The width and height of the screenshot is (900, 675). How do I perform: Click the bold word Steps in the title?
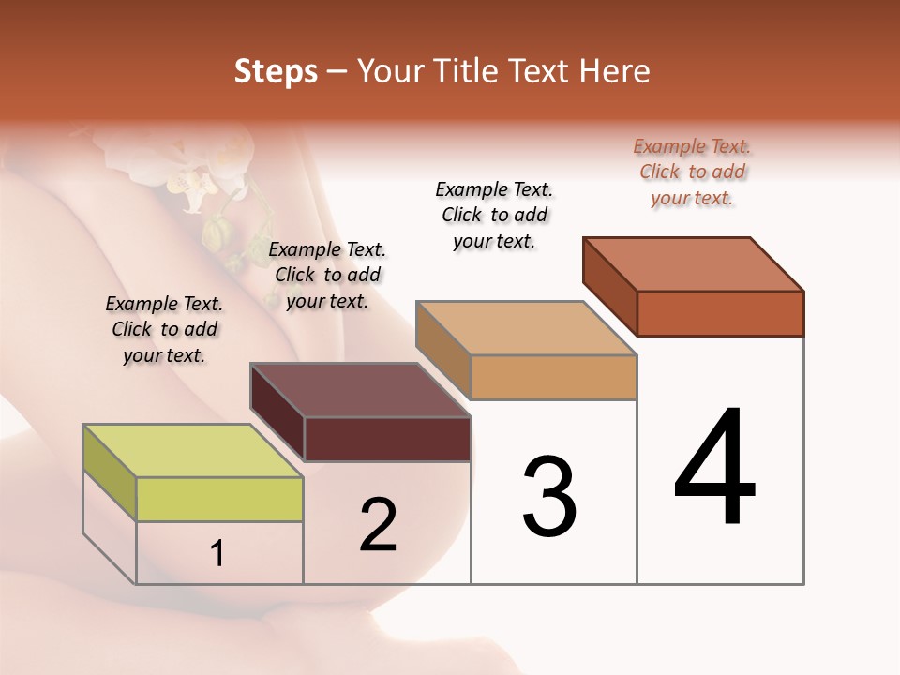(276, 71)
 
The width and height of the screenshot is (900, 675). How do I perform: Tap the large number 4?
(715, 469)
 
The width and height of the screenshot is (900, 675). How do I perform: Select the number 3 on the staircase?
(549, 497)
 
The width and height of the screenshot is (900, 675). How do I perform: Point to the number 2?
(379, 525)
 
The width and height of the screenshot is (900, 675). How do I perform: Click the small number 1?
(217, 554)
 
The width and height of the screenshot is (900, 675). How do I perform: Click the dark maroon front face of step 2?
(387, 440)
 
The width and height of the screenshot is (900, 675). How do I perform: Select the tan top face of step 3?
(525, 329)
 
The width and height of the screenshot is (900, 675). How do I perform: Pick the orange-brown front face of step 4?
(720, 313)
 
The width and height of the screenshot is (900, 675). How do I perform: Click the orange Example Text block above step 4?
(692, 172)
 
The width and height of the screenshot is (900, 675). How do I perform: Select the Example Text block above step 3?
(494, 216)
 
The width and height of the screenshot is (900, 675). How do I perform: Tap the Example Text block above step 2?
(327, 275)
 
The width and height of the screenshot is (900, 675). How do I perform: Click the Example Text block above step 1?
(164, 329)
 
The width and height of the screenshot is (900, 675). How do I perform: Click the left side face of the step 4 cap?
(609, 286)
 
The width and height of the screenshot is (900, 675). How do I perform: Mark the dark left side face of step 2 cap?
(277, 412)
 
